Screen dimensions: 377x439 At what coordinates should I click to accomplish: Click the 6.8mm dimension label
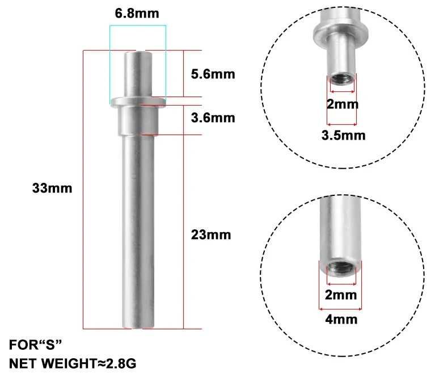137,13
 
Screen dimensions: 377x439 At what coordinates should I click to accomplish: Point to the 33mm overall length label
52,188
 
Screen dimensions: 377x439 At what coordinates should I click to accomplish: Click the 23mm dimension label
210,234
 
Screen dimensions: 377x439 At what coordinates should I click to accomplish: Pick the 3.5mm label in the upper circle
344,135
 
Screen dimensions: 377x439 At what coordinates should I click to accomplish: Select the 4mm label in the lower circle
341,319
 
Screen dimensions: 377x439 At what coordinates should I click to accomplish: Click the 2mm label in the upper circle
343,104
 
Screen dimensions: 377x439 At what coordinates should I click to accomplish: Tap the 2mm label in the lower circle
341,295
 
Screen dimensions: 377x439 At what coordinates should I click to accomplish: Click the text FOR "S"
36,344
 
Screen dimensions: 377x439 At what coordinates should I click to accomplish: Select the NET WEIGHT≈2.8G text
73,362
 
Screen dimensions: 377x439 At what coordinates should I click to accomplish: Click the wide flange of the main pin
138,102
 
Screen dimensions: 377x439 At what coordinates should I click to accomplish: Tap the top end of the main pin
138,54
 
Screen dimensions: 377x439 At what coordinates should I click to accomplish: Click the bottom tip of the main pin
138,325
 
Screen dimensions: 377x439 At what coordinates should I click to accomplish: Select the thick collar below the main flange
138,120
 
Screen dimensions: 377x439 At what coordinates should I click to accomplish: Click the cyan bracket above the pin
137,26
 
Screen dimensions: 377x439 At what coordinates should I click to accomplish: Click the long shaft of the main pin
138,227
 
